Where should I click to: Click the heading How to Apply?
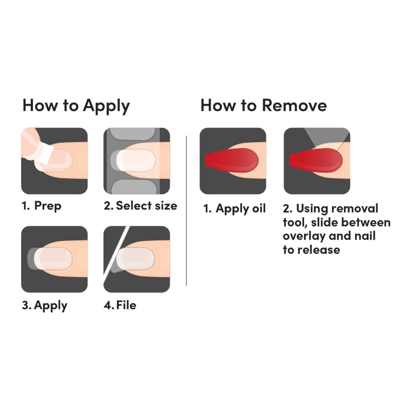coord(76,106)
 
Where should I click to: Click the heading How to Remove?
coord(264,105)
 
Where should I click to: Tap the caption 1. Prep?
coord(41,206)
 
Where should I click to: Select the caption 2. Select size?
coord(141,206)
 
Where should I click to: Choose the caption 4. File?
coord(120,305)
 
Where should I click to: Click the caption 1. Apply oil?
coord(234,209)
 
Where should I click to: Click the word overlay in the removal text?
coord(304,236)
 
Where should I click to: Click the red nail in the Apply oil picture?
coord(232,160)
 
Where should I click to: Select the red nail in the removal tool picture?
coord(316,160)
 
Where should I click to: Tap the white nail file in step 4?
coord(117,252)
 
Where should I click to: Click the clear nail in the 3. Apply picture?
coord(53,258)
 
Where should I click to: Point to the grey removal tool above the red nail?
coord(328,136)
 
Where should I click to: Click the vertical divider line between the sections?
coord(186,211)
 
